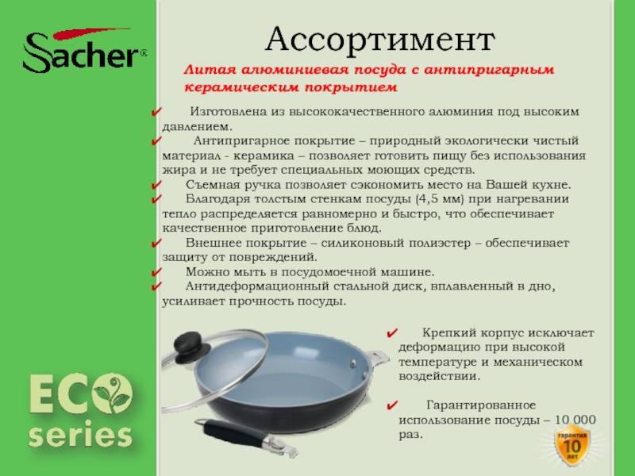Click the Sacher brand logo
click(85, 50)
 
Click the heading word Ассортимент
click(380, 40)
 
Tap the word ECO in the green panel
click(81, 393)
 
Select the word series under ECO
click(81, 435)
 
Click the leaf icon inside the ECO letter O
click(113, 393)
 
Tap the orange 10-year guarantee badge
click(571, 445)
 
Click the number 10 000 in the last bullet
click(575, 420)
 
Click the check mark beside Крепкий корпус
click(391, 333)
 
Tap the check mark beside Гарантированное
click(391, 405)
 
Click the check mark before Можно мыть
click(156, 272)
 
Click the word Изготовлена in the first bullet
click(229, 112)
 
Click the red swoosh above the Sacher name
click(90, 33)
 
